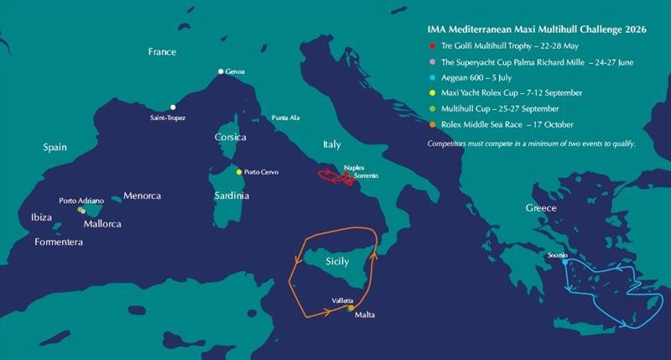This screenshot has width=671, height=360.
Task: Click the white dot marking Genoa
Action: (221, 71)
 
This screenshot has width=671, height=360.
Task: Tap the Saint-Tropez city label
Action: (167, 118)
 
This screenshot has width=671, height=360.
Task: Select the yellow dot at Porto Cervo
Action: (239, 172)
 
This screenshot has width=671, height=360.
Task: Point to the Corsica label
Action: (230, 137)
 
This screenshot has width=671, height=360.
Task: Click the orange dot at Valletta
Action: (351, 309)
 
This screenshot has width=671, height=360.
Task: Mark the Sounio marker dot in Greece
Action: (564, 262)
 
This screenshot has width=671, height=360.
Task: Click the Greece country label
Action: (541, 207)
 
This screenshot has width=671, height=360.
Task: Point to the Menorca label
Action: (142, 196)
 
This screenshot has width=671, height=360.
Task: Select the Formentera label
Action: (59, 242)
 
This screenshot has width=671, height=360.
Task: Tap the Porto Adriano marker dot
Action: (81, 210)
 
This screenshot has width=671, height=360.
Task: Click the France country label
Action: (162, 52)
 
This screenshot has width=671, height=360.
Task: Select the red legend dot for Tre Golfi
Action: (431, 45)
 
